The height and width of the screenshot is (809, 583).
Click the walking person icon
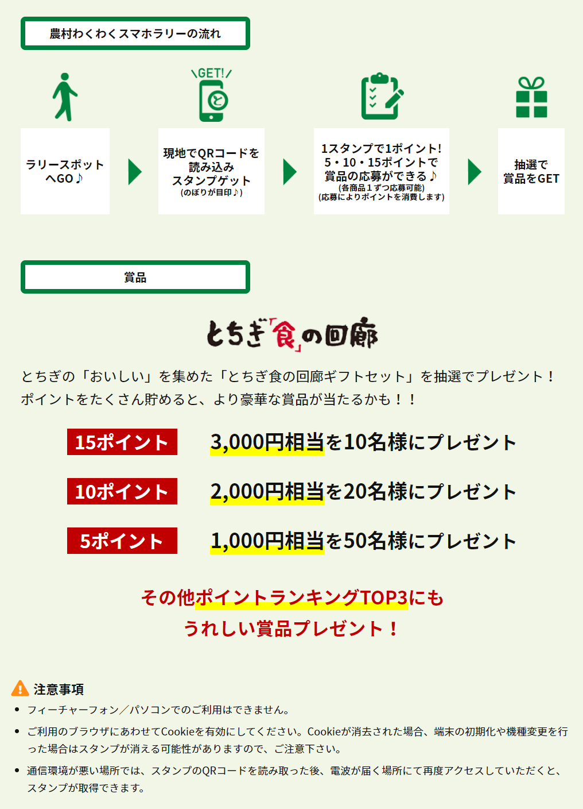[65, 97]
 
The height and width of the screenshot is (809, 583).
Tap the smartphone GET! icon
[212, 95]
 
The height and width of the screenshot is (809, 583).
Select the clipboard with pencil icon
[382, 96]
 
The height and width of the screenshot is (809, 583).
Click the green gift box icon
[531, 97]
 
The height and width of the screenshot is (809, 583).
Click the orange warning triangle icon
[20, 688]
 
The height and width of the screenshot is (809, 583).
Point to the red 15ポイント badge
[122, 442]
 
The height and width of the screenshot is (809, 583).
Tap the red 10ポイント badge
[122, 491]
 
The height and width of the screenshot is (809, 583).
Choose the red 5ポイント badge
[122, 541]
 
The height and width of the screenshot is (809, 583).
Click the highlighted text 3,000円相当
[267, 442]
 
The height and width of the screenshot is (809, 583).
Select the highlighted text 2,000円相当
[267, 492]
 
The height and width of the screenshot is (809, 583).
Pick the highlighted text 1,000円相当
[267, 541]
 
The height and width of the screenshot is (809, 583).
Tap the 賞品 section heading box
[135, 277]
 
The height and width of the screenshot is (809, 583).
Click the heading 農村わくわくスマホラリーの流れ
[135, 33]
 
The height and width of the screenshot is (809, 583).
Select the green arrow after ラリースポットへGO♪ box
[135, 172]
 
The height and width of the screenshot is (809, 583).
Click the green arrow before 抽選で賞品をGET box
[475, 172]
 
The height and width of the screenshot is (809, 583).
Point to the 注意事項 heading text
[59, 689]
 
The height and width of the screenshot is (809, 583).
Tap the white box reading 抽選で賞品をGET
[531, 171]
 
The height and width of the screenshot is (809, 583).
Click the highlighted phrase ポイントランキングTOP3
[302, 598]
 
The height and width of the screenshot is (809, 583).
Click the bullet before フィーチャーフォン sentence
[17, 710]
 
